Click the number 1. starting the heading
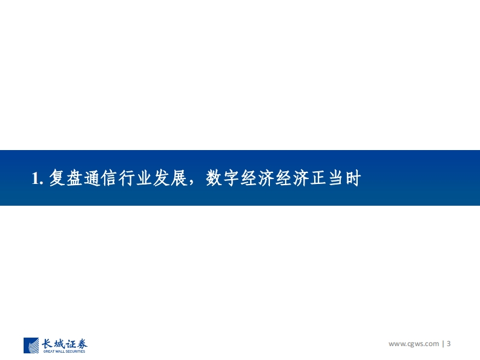pyautogui.click(x=37, y=178)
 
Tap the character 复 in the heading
pyautogui.click(x=58, y=177)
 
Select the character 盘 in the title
pyautogui.click(x=74, y=177)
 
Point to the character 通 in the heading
pyautogui.click(x=92, y=177)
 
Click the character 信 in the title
pyautogui.click(x=110, y=177)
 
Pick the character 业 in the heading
pyautogui.click(x=144, y=177)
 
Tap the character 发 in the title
pyautogui.click(x=162, y=177)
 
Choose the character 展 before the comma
pyautogui.click(x=179, y=177)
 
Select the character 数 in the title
pyautogui.click(x=214, y=177)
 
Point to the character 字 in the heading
pyautogui.click(x=231, y=177)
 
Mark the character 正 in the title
pyautogui.click(x=318, y=177)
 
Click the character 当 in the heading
pyautogui.click(x=336, y=177)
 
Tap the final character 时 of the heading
pyautogui.click(x=353, y=177)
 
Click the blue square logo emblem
pyautogui.click(x=31, y=345)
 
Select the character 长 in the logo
pyautogui.click(x=47, y=344)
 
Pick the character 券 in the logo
pyautogui.click(x=82, y=344)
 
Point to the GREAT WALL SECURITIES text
pyautogui.click(x=64, y=352)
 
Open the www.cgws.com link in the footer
pyautogui.click(x=413, y=344)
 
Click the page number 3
pyautogui.click(x=449, y=344)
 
